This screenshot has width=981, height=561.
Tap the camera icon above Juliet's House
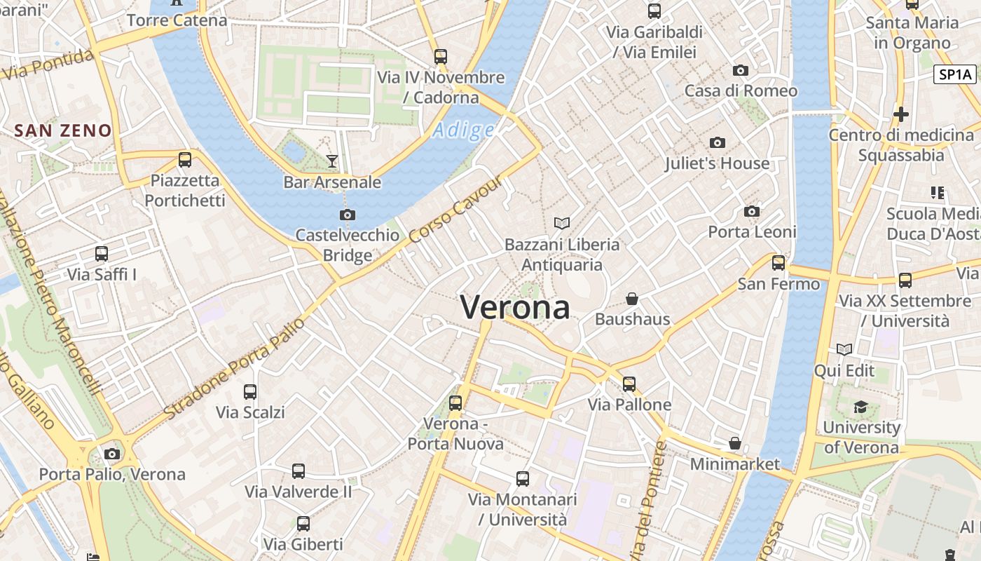[x=717, y=143]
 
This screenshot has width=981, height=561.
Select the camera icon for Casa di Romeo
[x=741, y=70]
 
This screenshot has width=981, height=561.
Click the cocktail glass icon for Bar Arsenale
[x=332, y=161]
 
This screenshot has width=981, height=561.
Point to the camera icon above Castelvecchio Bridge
[x=347, y=215]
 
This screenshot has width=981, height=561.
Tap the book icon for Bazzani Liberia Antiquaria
[x=562, y=223]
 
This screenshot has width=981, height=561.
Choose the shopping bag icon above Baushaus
[x=632, y=299]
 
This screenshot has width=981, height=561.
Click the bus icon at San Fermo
[x=778, y=263]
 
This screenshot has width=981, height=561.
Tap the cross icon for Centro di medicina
[x=901, y=114]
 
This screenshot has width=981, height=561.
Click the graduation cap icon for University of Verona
[x=860, y=407]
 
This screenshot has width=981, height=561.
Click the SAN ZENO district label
[x=63, y=130]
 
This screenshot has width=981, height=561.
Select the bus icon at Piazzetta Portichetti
[x=185, y=160]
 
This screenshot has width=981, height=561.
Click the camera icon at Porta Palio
[x=112, y=454]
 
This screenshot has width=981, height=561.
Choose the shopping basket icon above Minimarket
[x=735, y=443]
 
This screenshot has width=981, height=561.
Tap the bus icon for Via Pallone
[x=629, y=384]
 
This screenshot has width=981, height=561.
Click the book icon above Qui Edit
[x=844, y=349]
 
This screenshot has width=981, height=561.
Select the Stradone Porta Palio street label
[x=235, y=369]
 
